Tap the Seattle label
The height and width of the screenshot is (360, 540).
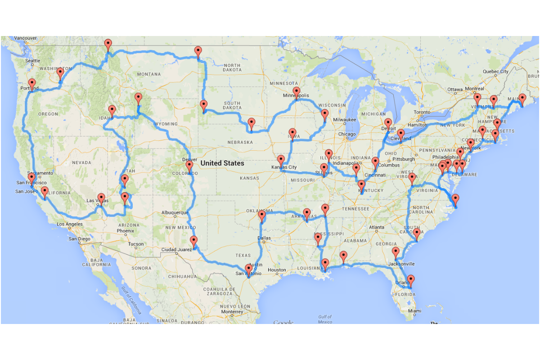[32, 61]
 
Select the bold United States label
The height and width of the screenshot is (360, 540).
[222, 163]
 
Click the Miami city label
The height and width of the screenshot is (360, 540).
[415, 311]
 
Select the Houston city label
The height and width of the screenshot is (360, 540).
[276, 270]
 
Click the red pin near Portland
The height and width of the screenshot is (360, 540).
[32, 83]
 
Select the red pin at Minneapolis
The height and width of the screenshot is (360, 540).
[296, 92]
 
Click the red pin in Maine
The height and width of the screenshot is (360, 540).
[522, 99]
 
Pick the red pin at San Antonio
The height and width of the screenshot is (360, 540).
[248, 269]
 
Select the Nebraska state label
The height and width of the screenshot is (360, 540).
[240, 142]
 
